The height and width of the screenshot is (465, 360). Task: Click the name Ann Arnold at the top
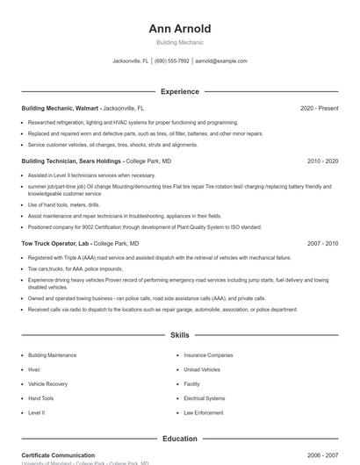click(x=179, y=29)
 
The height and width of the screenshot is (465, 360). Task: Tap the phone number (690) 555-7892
click(x=172, y=61)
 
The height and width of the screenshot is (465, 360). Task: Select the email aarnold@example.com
click(x=220, y=61)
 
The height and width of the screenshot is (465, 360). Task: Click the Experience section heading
click(x=179, y=91)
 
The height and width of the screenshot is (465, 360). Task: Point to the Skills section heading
click(x=179, y=335)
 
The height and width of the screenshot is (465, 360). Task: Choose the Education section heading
click(x=179, y=439)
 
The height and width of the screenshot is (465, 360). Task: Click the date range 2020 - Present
click(x=319, y=108)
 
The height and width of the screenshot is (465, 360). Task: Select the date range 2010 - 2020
click(x=322, y=161)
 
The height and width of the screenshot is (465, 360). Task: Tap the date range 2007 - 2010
click(x=322, y=243)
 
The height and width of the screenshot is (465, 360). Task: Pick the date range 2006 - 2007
click(x=322, y=455)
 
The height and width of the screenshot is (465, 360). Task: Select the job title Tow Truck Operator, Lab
click(x=55, y=243)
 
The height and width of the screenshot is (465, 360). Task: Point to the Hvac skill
click(x=35, y=369)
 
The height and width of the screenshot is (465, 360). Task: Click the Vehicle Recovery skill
click(x=47, y=383)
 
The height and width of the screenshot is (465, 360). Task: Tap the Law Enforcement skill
click(x=204, y=412)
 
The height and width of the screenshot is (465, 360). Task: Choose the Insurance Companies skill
click(x=208, y=355)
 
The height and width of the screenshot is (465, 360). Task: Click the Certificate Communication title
click(x=58, y=455)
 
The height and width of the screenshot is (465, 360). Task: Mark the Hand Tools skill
click(x=41, y=397)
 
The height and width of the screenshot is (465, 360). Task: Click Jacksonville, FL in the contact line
click(x=131, y=61)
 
